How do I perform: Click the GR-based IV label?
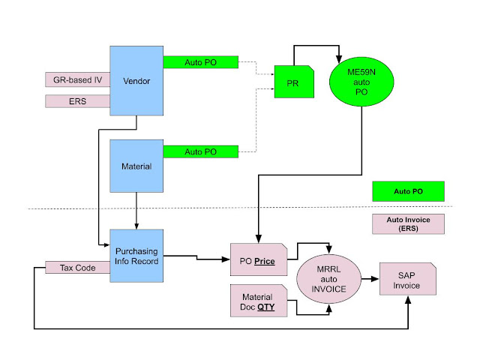coord(77,79)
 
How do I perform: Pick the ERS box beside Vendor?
coord(77,101)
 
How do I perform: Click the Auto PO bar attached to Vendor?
coord(200,61)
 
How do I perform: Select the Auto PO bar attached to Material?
coord(200,151)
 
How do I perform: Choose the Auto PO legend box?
coord(408,191)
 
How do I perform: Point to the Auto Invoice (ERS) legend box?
coord(408,224)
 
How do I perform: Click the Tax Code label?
coord(77,268)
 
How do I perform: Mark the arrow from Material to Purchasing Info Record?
coord(136,211)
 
